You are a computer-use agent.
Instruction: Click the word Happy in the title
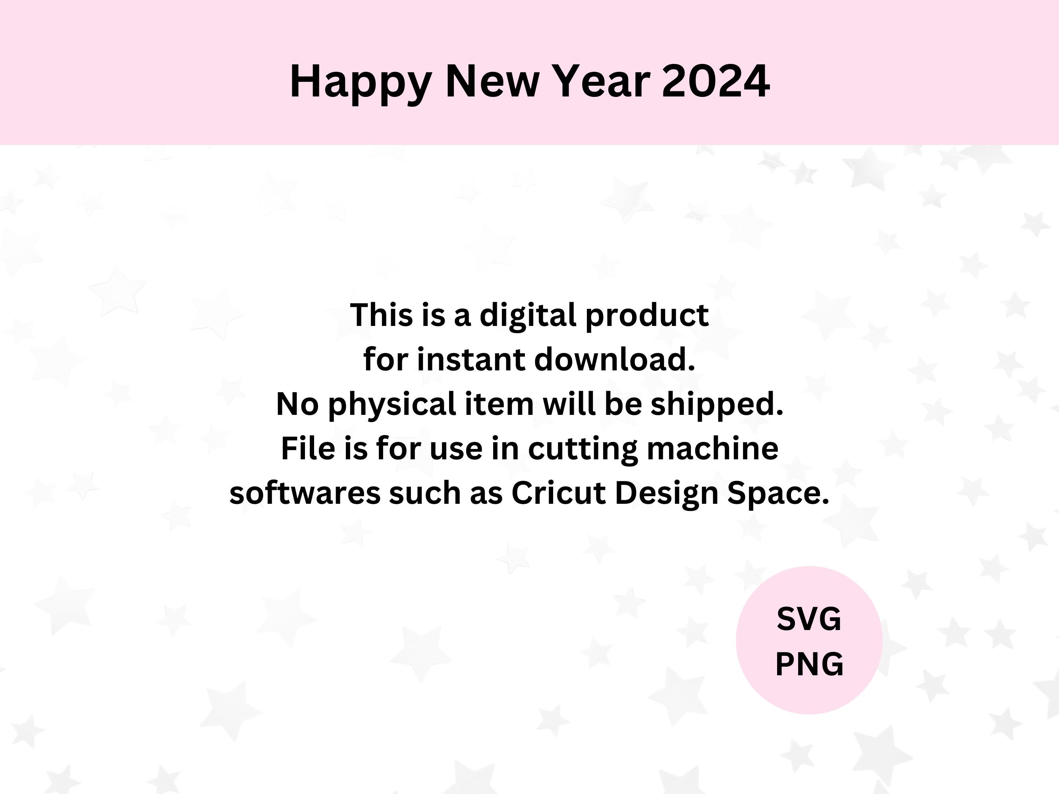[361, 82]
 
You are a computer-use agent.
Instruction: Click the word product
[647, 316]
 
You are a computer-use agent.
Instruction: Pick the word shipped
[717, 405]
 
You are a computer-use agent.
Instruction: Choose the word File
[307, 449]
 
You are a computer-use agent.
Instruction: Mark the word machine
[712, 449]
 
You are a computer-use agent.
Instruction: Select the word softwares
[305, 493]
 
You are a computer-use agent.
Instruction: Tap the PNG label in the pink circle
[809, 664]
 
